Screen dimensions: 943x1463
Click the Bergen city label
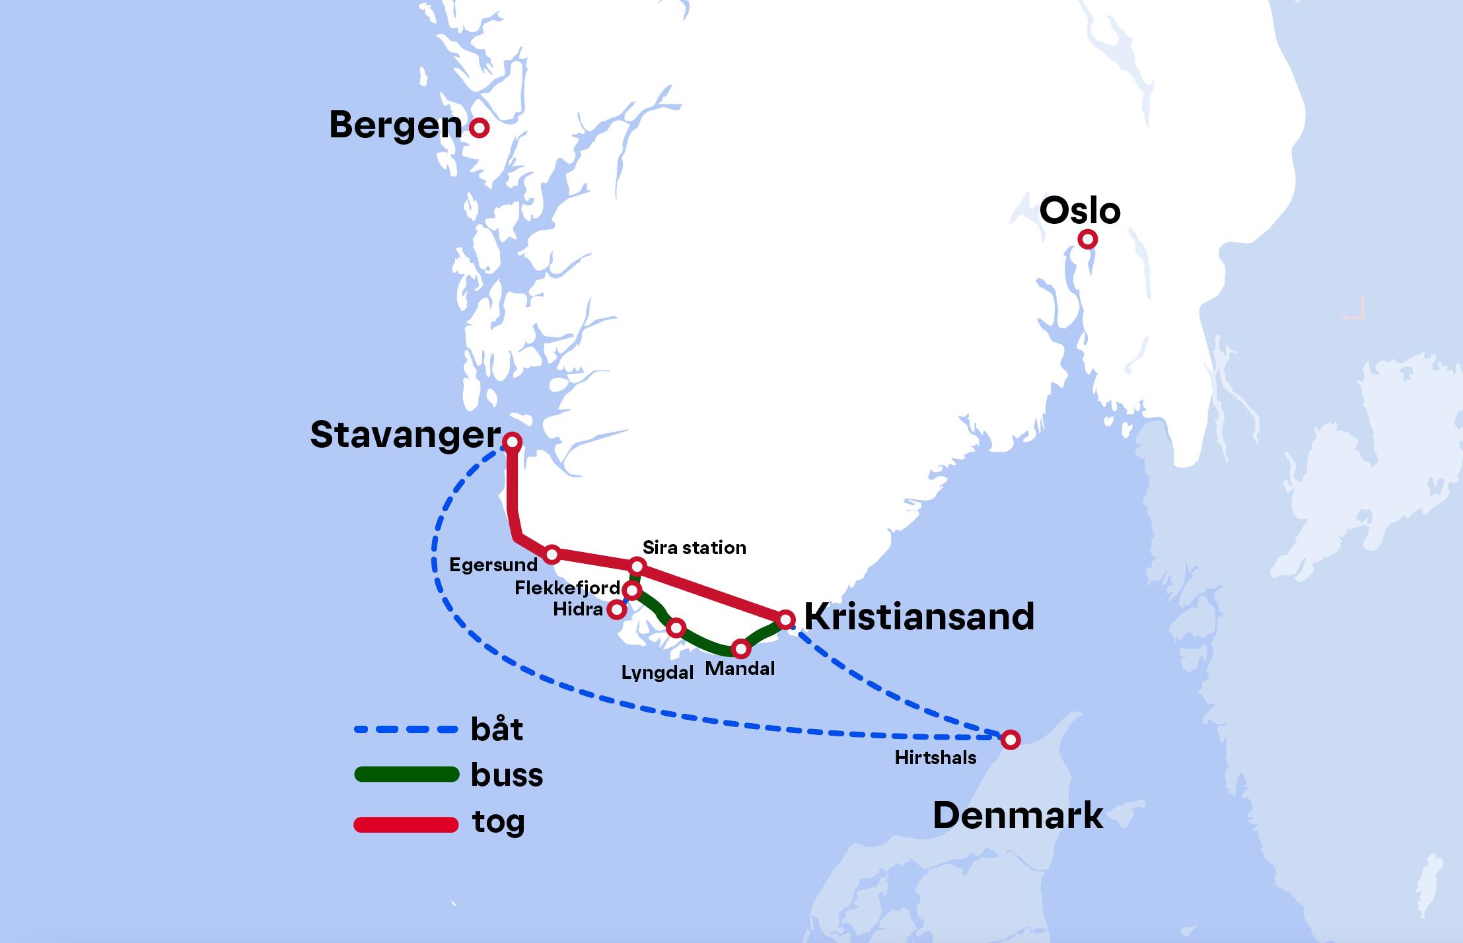pos(395,125)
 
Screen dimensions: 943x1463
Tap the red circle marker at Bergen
pos(479,127)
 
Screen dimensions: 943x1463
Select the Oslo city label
pos(1080,211)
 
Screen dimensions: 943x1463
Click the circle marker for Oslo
pos(1087,239)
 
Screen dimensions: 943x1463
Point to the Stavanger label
pos(405,435)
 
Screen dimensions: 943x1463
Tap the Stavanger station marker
pos(512,441)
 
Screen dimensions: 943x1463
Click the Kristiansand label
pos(919,617)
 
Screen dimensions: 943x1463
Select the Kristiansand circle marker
pos(785,619)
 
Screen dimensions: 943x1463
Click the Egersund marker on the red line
pos(552,554)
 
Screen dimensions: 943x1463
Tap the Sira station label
pos(694,547)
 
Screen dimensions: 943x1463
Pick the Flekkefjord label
pos(567,588)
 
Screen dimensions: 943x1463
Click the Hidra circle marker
pos(616,610)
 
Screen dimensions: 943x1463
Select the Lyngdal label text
pos(657,672)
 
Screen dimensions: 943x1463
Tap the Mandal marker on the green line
pos(741,649)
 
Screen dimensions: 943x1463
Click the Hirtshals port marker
pos(1010,740)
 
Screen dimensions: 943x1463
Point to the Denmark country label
pos(1017,816)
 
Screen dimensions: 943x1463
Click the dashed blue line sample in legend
pos(406,730)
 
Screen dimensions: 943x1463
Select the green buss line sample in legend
pos(406,774)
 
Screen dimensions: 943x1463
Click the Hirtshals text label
pos(935,757)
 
